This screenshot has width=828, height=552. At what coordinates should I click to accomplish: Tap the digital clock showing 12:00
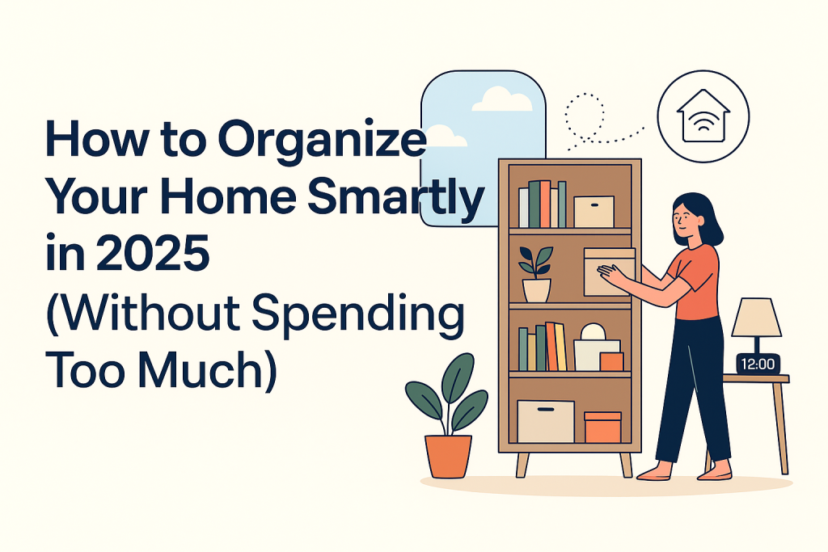click(758, 364)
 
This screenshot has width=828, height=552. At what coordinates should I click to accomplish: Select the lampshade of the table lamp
click(756, 317)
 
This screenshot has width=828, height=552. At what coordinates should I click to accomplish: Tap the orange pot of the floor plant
click(448, 456)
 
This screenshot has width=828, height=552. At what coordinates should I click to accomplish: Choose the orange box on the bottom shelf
click(602, 427)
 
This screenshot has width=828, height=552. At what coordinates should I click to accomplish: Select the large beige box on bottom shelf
click(546, 421)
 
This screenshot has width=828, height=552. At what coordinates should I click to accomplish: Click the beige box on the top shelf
click(594, 211)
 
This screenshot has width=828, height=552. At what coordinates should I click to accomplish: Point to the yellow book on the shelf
click(560, 346)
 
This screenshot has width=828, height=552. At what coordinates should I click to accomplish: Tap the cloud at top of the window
click(501, 99)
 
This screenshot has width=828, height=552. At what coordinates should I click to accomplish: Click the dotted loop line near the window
click(584, 113)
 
